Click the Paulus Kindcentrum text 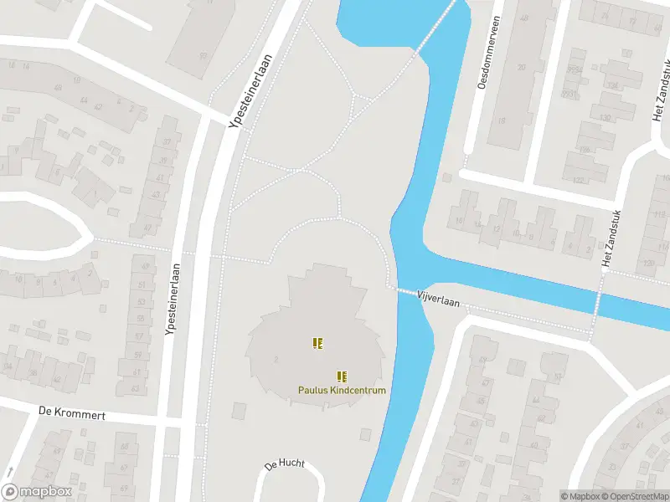tap(342, 391)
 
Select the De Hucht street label tap(285, 464)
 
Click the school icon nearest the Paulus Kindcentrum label tap(342, 376)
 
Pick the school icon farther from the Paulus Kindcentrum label tap(317, 342)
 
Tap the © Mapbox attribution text tap(580, 496)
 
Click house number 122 tap(577, 179)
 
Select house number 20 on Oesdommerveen tap(522, 68)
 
